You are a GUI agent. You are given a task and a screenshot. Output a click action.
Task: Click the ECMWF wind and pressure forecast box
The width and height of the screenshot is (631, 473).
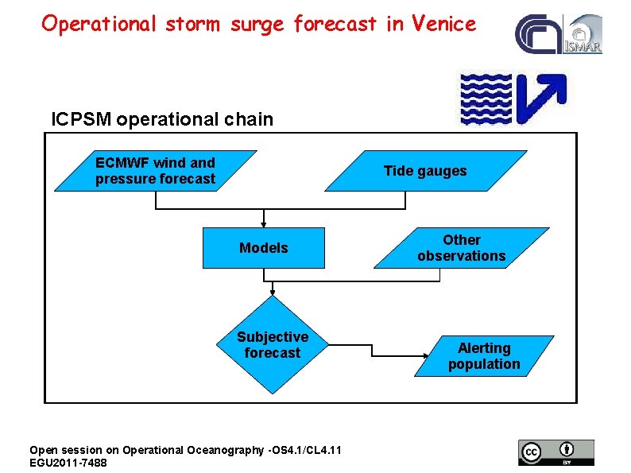coord(156,171)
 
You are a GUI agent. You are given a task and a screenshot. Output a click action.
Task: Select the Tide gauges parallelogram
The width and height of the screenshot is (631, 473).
coord(425,171)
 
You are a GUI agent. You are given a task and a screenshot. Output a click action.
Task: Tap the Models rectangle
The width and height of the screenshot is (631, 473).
coord(264,248)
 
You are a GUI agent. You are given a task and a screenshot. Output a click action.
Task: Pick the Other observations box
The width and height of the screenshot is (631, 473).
coord(462,248)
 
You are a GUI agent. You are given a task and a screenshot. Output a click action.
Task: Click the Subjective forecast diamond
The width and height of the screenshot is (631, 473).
coord(273,345)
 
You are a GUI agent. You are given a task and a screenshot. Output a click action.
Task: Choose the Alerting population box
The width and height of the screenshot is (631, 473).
coord(484,356)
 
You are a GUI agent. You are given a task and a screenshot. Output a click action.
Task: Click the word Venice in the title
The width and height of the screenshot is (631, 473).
coord(443,24)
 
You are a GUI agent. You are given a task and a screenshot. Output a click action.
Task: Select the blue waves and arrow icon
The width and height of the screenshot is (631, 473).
coord(513,97)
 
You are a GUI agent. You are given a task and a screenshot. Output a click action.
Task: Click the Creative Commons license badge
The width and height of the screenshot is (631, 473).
coord(556,452)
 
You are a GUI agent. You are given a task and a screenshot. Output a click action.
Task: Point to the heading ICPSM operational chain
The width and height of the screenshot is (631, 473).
coord(162,119)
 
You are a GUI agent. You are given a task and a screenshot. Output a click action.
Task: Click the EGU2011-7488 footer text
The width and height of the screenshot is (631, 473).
coord(68,462)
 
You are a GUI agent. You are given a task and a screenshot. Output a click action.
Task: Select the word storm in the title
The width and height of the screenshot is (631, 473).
coord(195,24)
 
